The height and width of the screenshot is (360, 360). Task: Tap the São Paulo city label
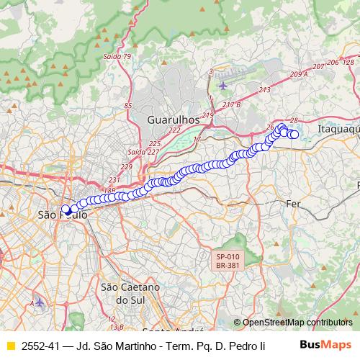(x=62, y=215)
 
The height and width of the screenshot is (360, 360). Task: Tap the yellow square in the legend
(x=10, y=346)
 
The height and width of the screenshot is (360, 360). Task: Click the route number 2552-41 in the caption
(x=41, y=346)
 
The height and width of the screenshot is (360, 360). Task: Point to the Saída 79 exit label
(x=118, y=57)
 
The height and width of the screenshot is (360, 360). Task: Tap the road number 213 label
(x=264, y=90)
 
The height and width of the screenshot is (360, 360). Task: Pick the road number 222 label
(x=175, y=130)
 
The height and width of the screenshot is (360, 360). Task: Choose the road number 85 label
(x=128, y=107)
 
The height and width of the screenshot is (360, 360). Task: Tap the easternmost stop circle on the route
(x=294, y=134)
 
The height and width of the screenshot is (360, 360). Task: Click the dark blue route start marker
(x=66, y=210)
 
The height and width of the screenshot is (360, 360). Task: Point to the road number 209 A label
(x=298, y=74)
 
